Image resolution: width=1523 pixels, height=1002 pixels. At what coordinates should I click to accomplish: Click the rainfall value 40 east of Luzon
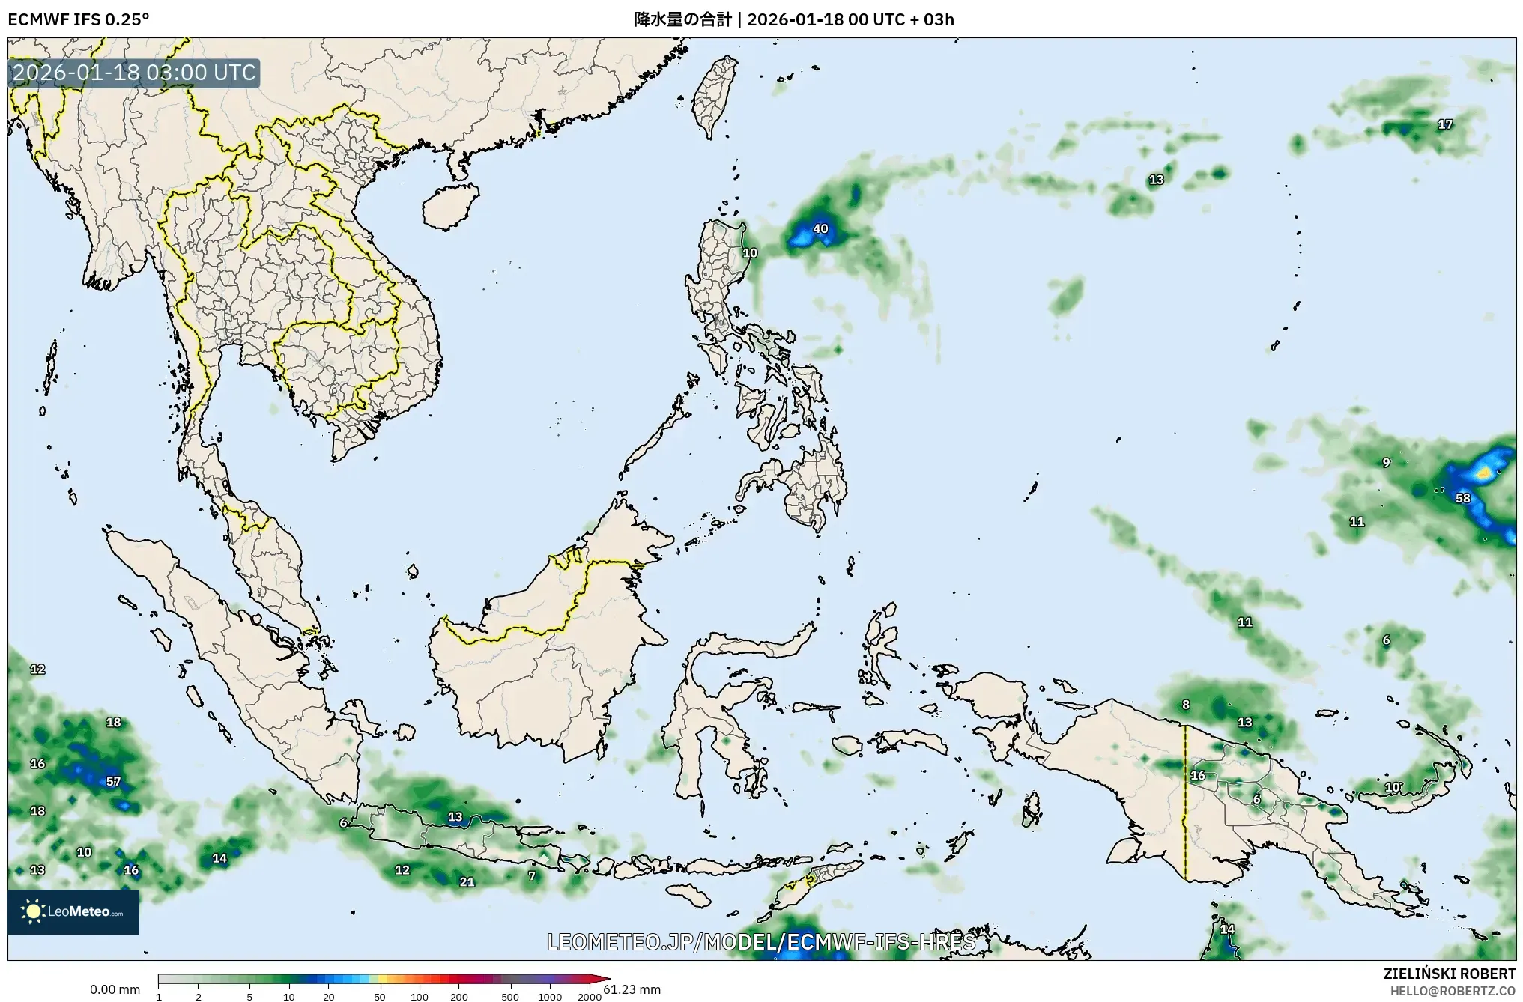point(820,228)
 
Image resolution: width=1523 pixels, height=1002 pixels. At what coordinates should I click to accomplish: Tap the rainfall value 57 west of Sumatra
point(113,781)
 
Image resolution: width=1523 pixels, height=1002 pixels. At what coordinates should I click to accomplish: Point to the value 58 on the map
point(1462,498)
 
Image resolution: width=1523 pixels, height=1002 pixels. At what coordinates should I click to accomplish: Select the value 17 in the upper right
point(1445,124)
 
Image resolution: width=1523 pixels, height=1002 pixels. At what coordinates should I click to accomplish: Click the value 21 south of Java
point(467,881)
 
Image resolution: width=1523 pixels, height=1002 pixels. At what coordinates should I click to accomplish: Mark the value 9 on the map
point(1386,463)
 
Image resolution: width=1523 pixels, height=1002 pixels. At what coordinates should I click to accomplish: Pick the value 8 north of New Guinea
point(1186,705)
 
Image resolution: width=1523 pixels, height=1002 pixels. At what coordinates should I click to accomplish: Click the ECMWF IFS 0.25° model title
point(78,19)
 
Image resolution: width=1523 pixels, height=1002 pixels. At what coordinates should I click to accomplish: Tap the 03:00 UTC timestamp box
point(135,73)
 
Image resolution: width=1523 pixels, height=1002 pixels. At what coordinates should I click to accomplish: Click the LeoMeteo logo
point(73,911)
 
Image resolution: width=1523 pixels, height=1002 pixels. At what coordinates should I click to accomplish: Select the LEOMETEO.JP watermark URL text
point(761,941)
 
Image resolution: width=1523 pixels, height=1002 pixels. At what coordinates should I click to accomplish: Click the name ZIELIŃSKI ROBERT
point(1450,974)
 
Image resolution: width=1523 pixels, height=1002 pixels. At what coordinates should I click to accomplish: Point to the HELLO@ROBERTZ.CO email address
point(1453,990)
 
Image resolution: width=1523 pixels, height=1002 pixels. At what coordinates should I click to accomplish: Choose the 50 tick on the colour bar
point(380,996)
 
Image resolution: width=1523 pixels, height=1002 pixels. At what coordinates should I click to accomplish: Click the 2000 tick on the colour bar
point(590,996)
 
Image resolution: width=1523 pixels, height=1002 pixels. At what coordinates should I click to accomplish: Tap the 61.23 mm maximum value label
point(632,989)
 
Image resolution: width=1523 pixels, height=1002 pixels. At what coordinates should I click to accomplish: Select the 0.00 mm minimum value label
point(115,989)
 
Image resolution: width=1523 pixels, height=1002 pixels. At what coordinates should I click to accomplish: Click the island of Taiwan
point(712,97)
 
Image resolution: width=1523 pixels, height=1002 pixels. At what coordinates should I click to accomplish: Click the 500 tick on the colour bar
point(510,996)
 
